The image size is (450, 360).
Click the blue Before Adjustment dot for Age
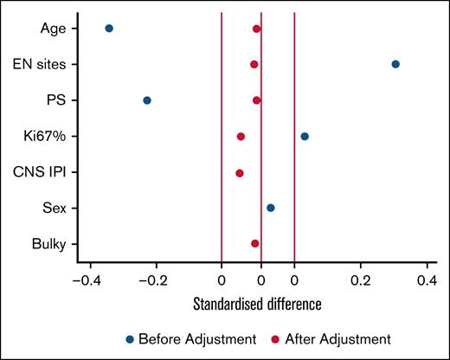click(109, 29)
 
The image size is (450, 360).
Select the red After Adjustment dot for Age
click(257, 29)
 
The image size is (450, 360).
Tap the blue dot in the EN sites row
click(395, 64)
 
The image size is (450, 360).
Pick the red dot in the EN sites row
click(254, 64)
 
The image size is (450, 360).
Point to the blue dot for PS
click(147, 100)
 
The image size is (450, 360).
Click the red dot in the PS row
click(257, 100)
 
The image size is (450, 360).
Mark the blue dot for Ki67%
click(305, 136)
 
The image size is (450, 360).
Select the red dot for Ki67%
click(241, 136)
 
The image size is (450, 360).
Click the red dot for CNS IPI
click(240, 173)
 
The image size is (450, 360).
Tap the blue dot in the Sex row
click(271, 208)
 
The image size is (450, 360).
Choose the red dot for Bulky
click(255, 243)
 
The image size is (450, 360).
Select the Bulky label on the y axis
click(53, 244)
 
